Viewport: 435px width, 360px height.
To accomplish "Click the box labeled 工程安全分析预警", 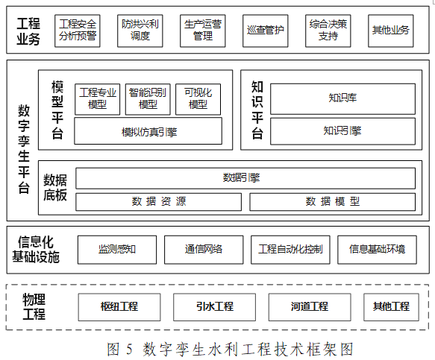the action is pyautogui.click(x=78, y=31).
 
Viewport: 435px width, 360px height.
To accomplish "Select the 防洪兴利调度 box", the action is pyautogui.click(x=140, y=31).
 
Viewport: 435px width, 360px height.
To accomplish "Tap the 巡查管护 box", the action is pyautogui.click(x=266, y=31).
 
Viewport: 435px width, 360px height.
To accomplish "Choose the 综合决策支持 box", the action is pyautogui.click(x=328, y=31).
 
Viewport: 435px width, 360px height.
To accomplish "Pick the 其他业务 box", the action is pyautogui.click(x=391, y=31).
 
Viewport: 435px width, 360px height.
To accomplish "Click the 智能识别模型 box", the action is pyautogui.click(x=148, y=99).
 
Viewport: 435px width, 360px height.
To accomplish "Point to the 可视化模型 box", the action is pyautogui.click(x=198, y=99).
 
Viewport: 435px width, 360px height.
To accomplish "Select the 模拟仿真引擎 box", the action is pyautogui.click(x=148, y=131).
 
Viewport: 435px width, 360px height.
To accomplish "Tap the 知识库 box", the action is pyautogui.click(x=343, y=98).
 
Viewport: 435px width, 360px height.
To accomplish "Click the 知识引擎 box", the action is pyautogui.click(x=343, y=131).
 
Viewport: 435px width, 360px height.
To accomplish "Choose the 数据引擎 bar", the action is pyautogui.click(x=245, y=178).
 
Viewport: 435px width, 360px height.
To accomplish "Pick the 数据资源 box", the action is pyautogui.click(x=159, y=202).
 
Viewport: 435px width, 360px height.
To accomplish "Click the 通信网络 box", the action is pyautogui.click(x=204, y=250).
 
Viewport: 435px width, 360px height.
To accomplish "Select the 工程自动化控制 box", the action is pyautogui.click(x=290, y=250).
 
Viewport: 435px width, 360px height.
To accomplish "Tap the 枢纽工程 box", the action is pyautogui.click(x=119, y=307).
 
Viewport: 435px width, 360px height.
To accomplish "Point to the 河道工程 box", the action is pyautogui.click(x=310, y=307).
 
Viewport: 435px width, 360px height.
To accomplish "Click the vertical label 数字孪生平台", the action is pyautogui.click(x=24, y=149).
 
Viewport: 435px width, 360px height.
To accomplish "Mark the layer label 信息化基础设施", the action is pyautogui.click(x=36, y=250).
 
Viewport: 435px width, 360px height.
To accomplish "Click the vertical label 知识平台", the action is pyautogui.click(x=257, y=110).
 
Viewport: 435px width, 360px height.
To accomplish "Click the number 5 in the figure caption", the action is pyautogui.click(x=129, y=349).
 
